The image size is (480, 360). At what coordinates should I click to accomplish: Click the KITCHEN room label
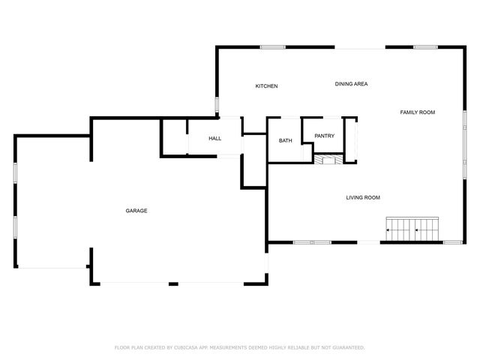(266, 86)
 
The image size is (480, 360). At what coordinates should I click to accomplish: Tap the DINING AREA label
(351, 84)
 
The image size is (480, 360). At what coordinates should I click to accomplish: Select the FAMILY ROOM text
(417, 112)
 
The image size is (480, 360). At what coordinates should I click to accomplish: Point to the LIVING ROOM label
(363, 198)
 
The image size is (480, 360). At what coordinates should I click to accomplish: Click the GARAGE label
(136, 211)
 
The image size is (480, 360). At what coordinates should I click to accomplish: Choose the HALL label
(215, 139)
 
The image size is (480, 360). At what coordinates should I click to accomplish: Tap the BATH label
(286, 141)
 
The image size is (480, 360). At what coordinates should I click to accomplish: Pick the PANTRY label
(324, 136)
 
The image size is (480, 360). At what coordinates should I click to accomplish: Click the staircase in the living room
(412, 228)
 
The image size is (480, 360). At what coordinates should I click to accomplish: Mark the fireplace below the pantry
(328, 158)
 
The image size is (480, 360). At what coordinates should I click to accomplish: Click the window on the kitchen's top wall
(272, 47)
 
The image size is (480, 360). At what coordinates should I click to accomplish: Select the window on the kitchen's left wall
(217, 104)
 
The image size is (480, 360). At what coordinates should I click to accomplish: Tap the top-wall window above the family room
(425, 47)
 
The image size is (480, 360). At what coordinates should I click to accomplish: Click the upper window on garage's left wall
(15, 171)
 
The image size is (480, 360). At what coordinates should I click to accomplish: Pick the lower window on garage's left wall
(15, 226)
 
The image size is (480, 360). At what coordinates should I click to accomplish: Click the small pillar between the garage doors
(173, 283)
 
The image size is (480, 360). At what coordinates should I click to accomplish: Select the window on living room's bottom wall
(312, 242)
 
